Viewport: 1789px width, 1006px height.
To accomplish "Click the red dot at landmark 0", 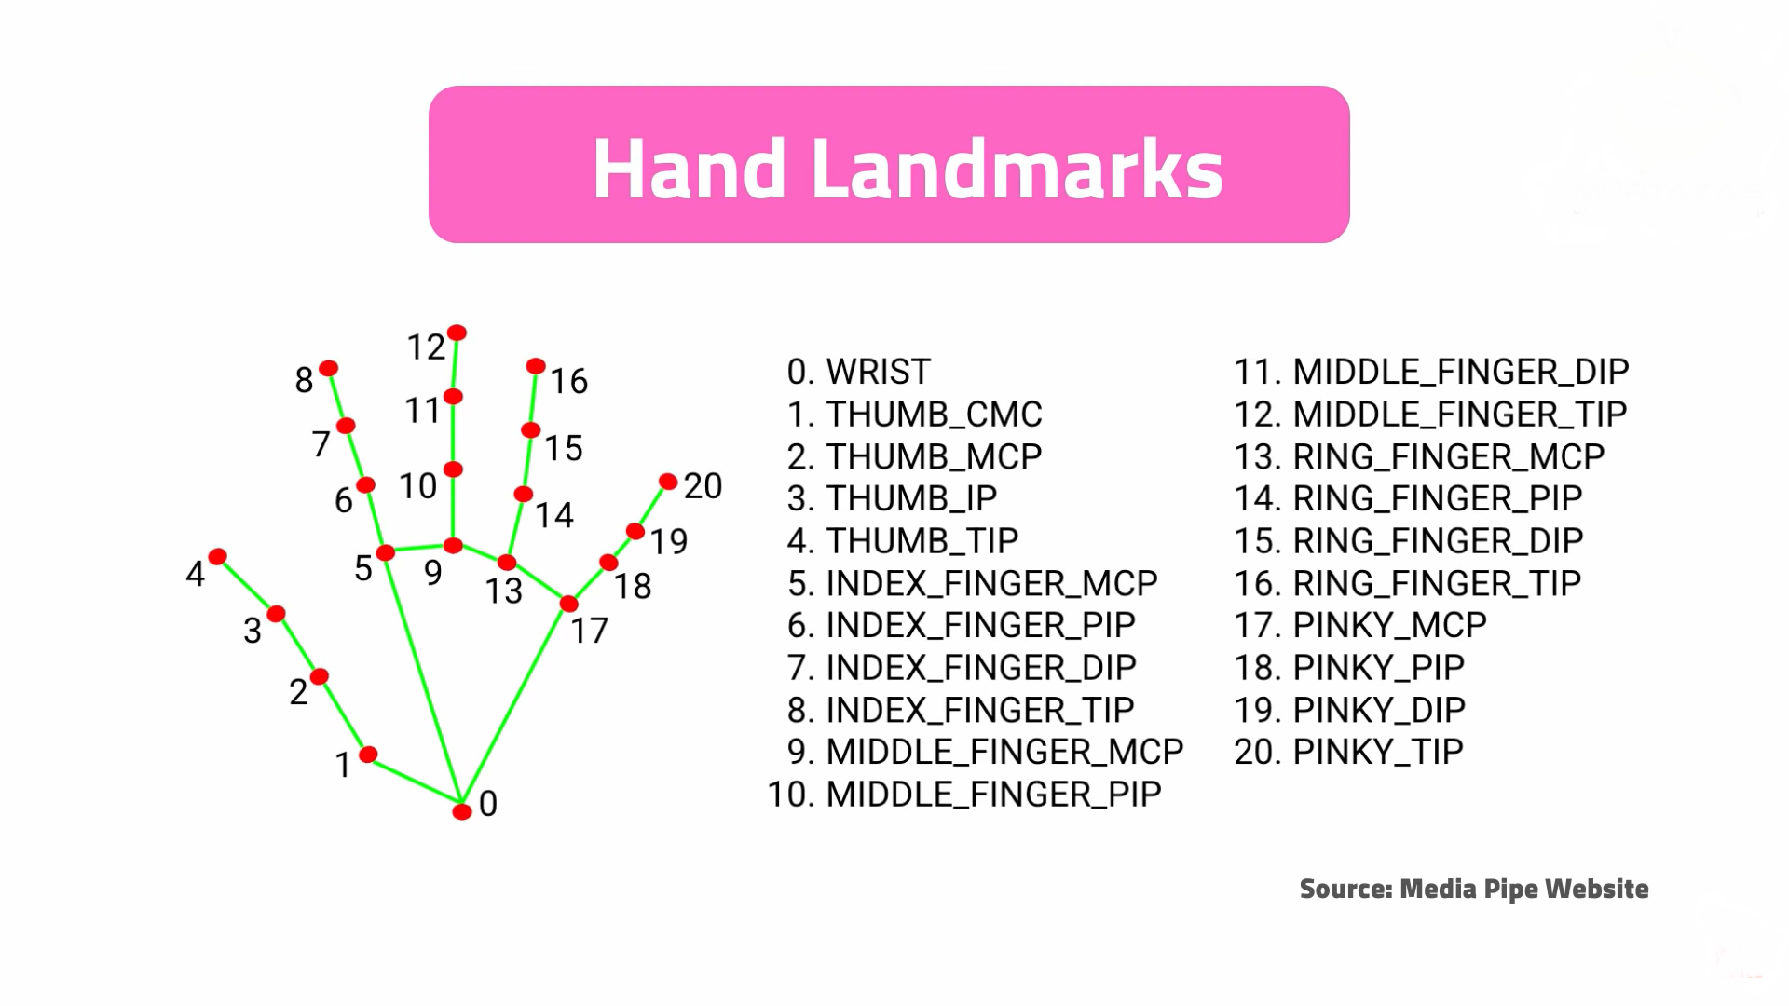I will [x=461, y=811].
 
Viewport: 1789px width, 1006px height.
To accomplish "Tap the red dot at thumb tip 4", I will [x=217, y=557].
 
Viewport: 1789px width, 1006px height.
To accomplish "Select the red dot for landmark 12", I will [x=457, y=333].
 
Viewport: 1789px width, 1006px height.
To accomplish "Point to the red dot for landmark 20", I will [x=668, y=482].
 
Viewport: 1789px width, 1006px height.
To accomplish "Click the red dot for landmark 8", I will [x=328, y=369].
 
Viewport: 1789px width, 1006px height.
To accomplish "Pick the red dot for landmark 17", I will [x=568, y=605].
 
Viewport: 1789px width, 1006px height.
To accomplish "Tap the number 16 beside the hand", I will [x=568, y=381].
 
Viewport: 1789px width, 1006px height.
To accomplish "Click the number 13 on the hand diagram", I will [x=503, y=591].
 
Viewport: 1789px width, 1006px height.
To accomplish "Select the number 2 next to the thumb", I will [x=298, y=692].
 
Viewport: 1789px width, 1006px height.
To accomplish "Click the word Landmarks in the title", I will [x=1017, y=169].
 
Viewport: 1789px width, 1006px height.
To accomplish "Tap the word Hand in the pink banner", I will [x=689, y=169].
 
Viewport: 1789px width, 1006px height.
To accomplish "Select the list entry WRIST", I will [x=878, y=372].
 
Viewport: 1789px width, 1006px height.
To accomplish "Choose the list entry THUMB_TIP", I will [x=922, y=540].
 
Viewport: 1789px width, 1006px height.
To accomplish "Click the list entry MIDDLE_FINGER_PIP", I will [x=992, y=794].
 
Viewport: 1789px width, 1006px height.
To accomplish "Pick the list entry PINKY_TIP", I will [x=1377, y=752].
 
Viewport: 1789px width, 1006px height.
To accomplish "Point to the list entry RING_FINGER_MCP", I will [x=1448, y=456].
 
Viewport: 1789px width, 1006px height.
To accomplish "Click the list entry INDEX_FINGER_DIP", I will [x=980, y=667].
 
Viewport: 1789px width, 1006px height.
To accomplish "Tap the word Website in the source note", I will [x=1596, y=889].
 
